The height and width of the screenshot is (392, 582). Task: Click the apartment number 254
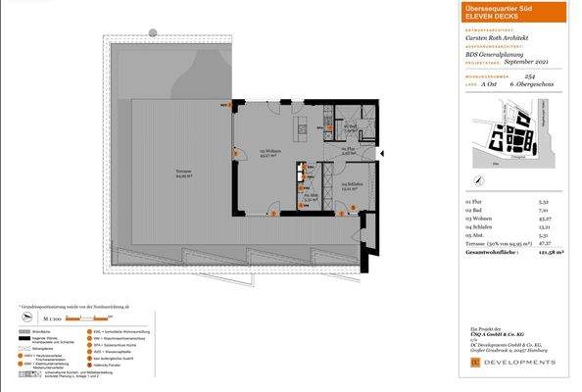[x=530, y=77]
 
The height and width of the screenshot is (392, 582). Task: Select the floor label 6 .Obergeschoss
[x=534, y=85]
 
